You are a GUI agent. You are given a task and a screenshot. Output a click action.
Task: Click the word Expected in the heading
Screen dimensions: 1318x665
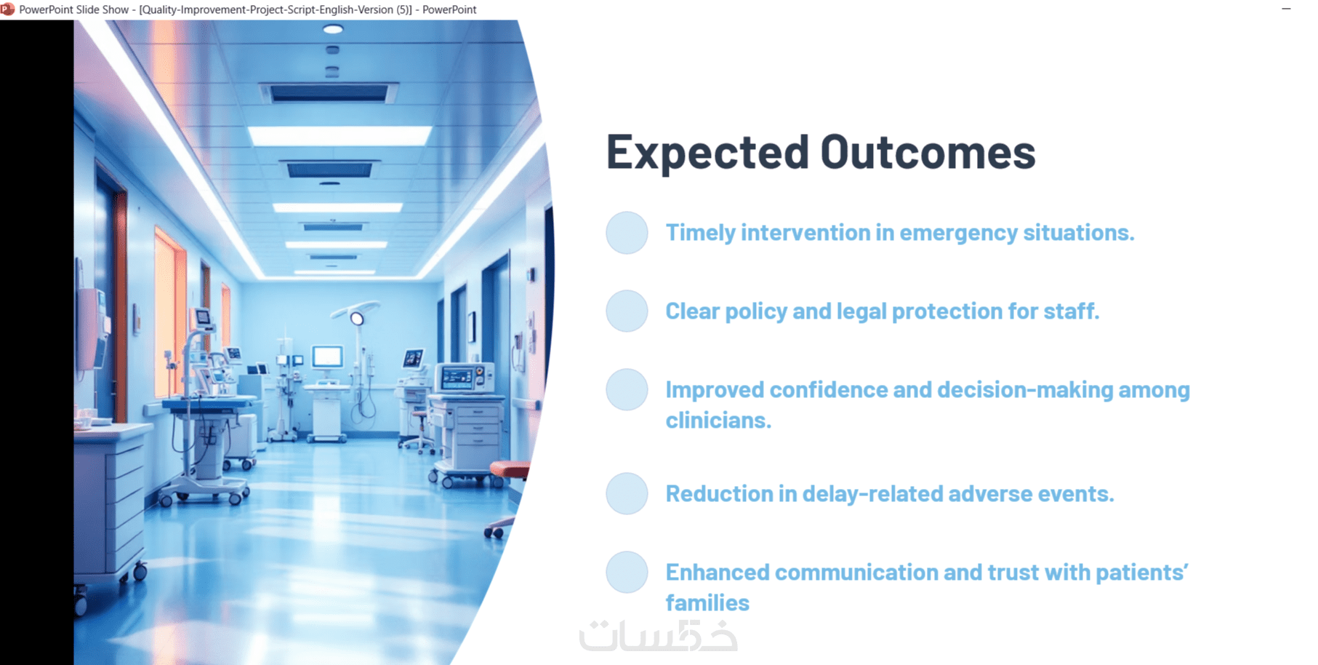[707, 154]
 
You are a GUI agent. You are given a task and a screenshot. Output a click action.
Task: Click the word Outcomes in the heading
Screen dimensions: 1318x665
[928, 152]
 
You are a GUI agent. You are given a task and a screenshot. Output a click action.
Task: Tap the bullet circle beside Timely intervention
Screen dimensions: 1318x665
[627, 233]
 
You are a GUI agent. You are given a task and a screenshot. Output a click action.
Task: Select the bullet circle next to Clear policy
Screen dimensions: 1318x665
[627, 311]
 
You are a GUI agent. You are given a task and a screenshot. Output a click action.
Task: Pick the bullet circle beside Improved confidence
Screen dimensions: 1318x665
[627, 390]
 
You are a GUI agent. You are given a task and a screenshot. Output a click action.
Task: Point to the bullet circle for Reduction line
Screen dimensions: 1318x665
[627, 494]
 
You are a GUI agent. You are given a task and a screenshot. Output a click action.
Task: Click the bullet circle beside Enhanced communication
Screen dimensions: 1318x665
[627, 573]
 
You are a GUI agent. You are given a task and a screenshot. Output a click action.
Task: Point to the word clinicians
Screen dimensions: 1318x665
[718, 421]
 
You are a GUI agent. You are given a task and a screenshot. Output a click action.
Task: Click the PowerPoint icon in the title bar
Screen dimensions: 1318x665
[8, 9]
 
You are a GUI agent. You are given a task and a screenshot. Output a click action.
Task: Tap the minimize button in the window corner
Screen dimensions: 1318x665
[1286, 9]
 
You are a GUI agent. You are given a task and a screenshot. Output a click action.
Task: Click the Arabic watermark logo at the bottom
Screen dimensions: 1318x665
[658, 636]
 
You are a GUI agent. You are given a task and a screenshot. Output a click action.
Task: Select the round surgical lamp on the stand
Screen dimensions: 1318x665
[357, 318]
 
